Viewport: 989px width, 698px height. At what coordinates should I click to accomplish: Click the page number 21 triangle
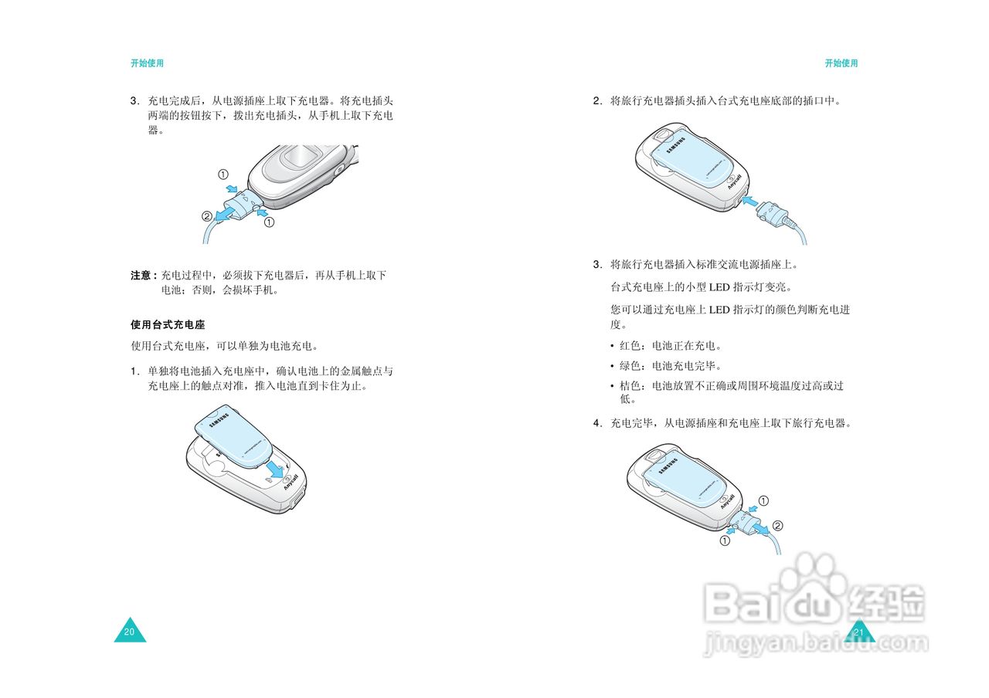point(858,631)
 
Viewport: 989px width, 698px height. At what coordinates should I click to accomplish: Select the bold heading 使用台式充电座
point(168,325)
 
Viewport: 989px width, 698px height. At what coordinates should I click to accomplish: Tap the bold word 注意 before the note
point(141,276)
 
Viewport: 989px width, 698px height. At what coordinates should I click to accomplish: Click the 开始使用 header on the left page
point(147,63)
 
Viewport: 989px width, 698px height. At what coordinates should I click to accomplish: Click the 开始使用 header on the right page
point(841,63)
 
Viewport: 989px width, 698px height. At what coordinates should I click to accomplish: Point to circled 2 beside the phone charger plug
point(206,216)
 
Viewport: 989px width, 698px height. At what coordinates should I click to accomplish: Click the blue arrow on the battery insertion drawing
point(276,468)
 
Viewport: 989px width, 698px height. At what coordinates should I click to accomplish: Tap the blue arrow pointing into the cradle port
point(749,202)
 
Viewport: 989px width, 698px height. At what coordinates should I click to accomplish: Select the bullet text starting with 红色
point(670,345)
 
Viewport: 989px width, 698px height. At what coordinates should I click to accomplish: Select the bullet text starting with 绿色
point(670,366)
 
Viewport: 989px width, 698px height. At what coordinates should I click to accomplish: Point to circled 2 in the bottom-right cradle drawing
point(777,526)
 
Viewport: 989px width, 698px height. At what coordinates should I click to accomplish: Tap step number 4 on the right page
point(597,424)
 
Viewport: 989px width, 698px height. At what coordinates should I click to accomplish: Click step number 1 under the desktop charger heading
point(134,371)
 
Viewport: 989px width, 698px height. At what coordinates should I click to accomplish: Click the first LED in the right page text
point(719,287)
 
